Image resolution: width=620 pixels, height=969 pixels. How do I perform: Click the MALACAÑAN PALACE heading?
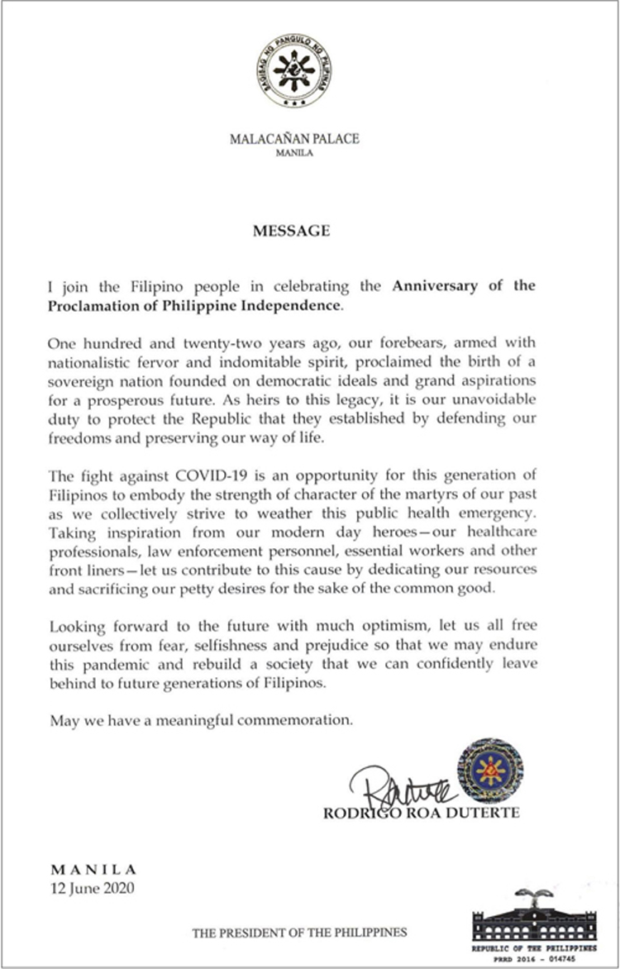(x=294, y=139)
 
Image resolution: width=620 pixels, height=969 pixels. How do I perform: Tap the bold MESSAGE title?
(x=291, y=231)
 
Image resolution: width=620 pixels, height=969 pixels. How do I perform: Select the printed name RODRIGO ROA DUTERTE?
(x=421, y=814)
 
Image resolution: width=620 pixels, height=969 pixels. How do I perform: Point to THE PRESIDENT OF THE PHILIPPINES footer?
(x=299, y=933)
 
